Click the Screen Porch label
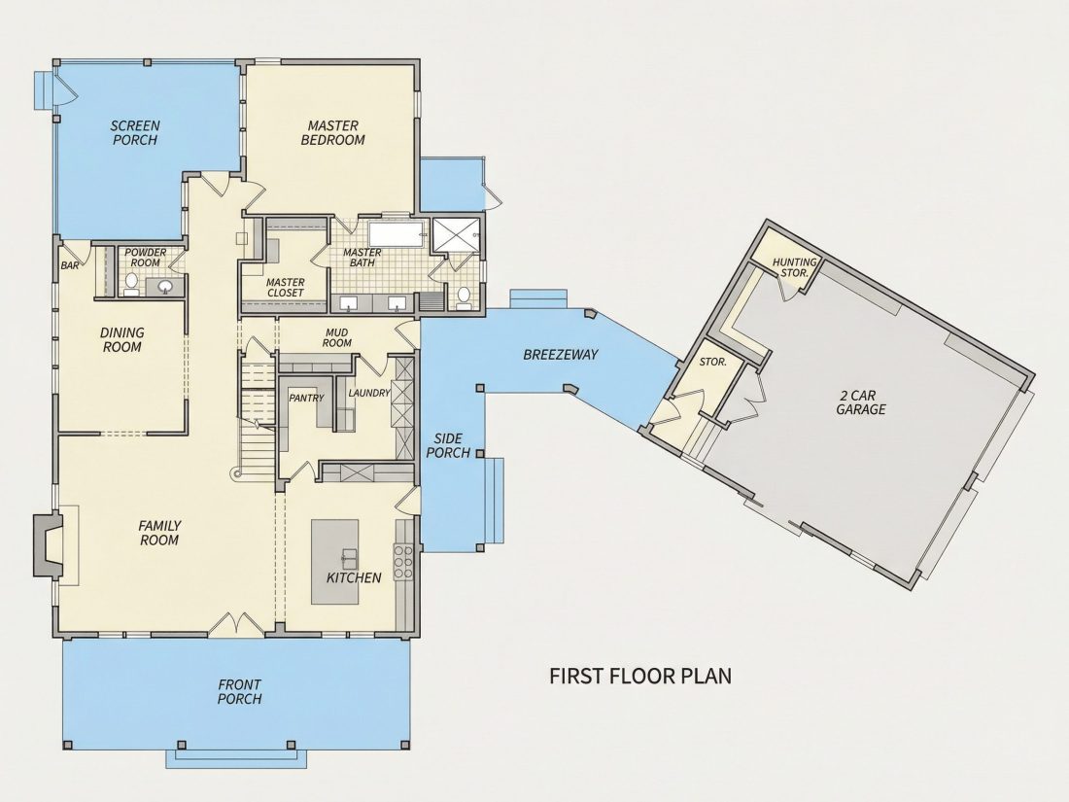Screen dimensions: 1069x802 click(x=135, y=132)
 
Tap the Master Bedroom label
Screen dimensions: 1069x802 click(x=332, y=132)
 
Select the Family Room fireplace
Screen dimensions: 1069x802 click(x=48, y=545)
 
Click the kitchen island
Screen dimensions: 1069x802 click(x=334, y=561)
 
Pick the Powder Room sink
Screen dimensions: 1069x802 click(x=165, y=287)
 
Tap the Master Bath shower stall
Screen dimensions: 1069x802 click(x=457, y=234)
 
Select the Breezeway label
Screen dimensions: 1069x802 click(x=561, y=355)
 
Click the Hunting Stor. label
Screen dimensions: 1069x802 click(x=794, y=266)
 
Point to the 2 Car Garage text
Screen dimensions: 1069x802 click(x=861, y=402)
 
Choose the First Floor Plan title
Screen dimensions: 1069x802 click(x=640, y=676)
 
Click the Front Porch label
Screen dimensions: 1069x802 click(x=239, y=691)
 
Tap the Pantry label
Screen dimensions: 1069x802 click(x=306, y=398)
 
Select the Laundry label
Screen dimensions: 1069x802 click(x=369, y=393)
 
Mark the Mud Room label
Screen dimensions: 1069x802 click(x=337, y=337)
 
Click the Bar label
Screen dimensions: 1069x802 click(x=70, y=266)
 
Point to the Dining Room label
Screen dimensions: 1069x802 click(x=122, y=339)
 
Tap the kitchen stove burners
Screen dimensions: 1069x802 click(x=403, y=556)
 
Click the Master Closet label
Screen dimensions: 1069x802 click(x=285, y=288)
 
